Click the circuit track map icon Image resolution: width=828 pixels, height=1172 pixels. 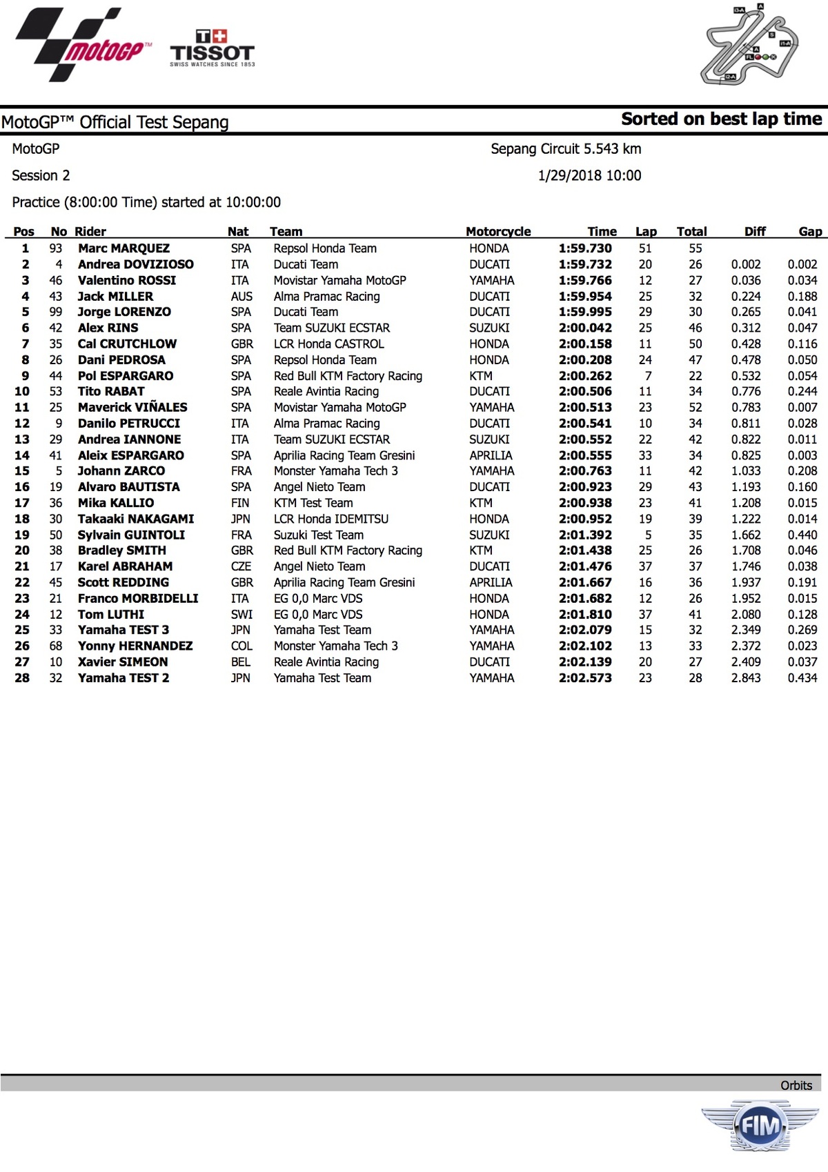pyautogui.click(x=750, y=46)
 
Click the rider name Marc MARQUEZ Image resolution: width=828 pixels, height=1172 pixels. pyautogui.click(x=124, y=248)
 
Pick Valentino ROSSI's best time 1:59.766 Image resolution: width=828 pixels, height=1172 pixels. pyautogui.click(x=585, y=280)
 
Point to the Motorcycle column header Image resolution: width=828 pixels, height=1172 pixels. pyautogui.click(x=498, y=232)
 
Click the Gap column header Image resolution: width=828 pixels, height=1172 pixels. pyautogui.click(x=810, y=232)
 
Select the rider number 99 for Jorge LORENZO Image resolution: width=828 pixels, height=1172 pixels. pyautogui.click(x=55, y=312)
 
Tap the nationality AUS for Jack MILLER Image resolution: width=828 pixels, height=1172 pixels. pyautogui.click(x=241, y=296)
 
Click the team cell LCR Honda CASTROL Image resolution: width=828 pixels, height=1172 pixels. pyautogui.click(x=328, y=344)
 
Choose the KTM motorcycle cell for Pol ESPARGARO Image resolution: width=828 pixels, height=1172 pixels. pyautogui.click(x=481, y=376)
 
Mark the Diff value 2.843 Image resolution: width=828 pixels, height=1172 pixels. pyautogui.click(x=746, y=678)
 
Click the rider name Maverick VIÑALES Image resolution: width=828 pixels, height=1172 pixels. pyautogui.click(x=132, y=408)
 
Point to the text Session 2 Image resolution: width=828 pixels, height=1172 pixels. pyautogui.click(x=41, y=175)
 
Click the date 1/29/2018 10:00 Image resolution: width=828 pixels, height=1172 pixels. pyautogui.click(x=589, y=175)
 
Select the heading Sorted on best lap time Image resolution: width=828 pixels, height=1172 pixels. pyautogui.click(x=721, y=119)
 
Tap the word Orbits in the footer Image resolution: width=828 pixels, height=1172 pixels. pyautogui.click(x=796, y=1085)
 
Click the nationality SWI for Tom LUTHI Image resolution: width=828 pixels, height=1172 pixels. pyautogui.click(x=241, y=615)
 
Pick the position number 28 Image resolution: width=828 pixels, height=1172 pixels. pyautogui.click(x=22, y=678)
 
